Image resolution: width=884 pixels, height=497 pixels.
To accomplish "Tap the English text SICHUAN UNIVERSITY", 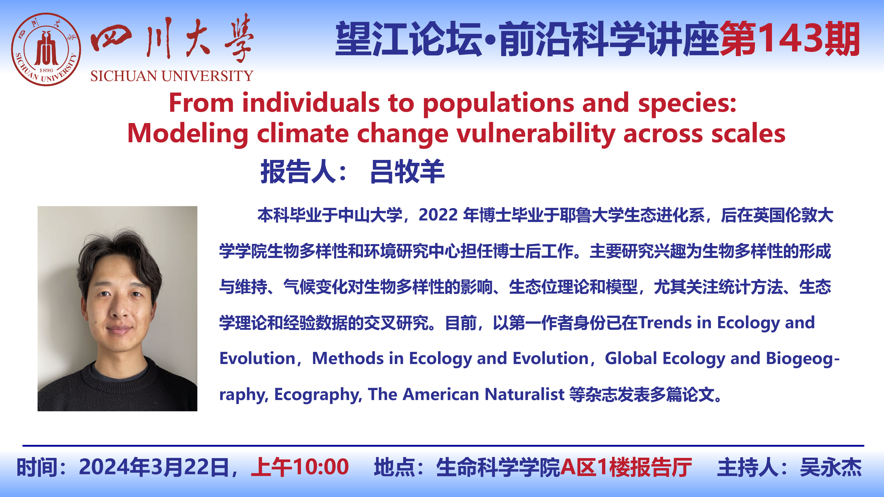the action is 171,76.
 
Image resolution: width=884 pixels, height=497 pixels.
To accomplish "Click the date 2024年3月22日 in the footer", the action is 154,467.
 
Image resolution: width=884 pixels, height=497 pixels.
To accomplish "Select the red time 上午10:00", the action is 300,467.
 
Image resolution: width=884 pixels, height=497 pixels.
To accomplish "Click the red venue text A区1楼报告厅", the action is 626,467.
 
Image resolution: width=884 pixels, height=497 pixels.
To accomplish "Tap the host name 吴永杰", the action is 831,467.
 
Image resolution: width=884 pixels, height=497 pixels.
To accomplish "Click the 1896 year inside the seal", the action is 46,70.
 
